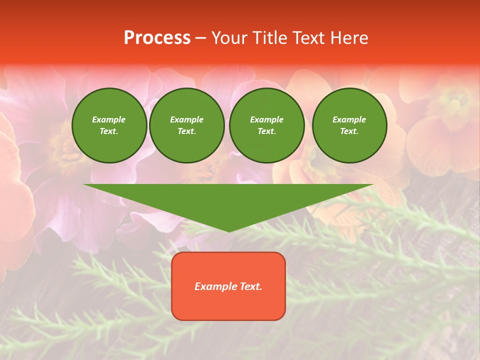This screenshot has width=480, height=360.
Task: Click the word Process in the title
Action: pos(157,38)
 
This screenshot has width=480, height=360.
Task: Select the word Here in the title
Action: pos(349,38)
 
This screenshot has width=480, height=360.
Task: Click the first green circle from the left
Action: pos(109,125)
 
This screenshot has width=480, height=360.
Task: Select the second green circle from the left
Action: pos(187,125)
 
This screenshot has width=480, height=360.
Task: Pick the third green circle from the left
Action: pos(267,125)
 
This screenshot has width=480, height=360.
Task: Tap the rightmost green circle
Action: pos(349,125)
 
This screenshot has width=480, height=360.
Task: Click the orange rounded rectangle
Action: pos(228,286)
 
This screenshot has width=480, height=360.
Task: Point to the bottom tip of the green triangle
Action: pos(229,231)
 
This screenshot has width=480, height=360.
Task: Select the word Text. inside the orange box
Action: pos(250,286)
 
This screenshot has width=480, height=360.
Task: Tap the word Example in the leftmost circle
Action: pos(109,119)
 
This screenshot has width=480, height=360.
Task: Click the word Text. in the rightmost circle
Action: pos(349,131)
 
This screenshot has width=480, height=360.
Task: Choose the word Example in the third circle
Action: pos(267,119)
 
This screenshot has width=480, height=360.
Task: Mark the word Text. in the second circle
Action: pos(187,131)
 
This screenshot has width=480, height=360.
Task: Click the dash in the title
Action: pos(201,38)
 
